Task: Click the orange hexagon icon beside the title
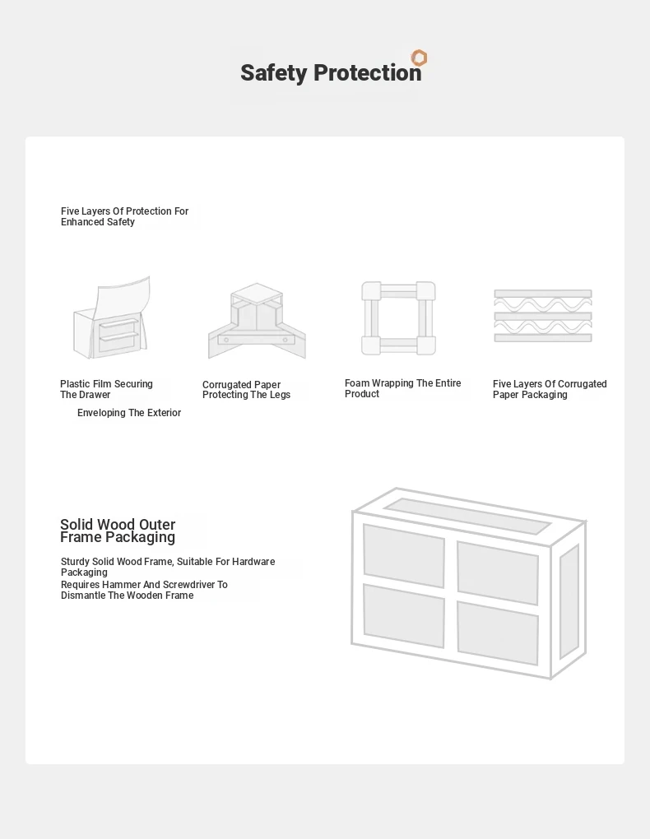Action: coord(419,58)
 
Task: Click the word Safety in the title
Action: coord(274,73)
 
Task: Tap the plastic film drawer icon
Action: coord(112,318)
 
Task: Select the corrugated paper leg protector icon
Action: coord(257,321)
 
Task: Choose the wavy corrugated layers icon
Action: coord(543,316)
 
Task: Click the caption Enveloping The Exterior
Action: coord(129,413)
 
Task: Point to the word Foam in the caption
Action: coord(356,383)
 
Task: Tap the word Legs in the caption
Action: coord(280,395)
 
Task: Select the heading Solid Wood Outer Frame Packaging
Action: coord(118,531)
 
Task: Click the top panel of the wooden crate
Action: coord(467,516)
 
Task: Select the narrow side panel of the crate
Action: coord(569,602)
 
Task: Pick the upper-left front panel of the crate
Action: coord(404,555)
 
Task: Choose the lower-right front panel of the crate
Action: coord(498,633)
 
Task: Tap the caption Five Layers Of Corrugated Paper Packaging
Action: coord(550,389)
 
